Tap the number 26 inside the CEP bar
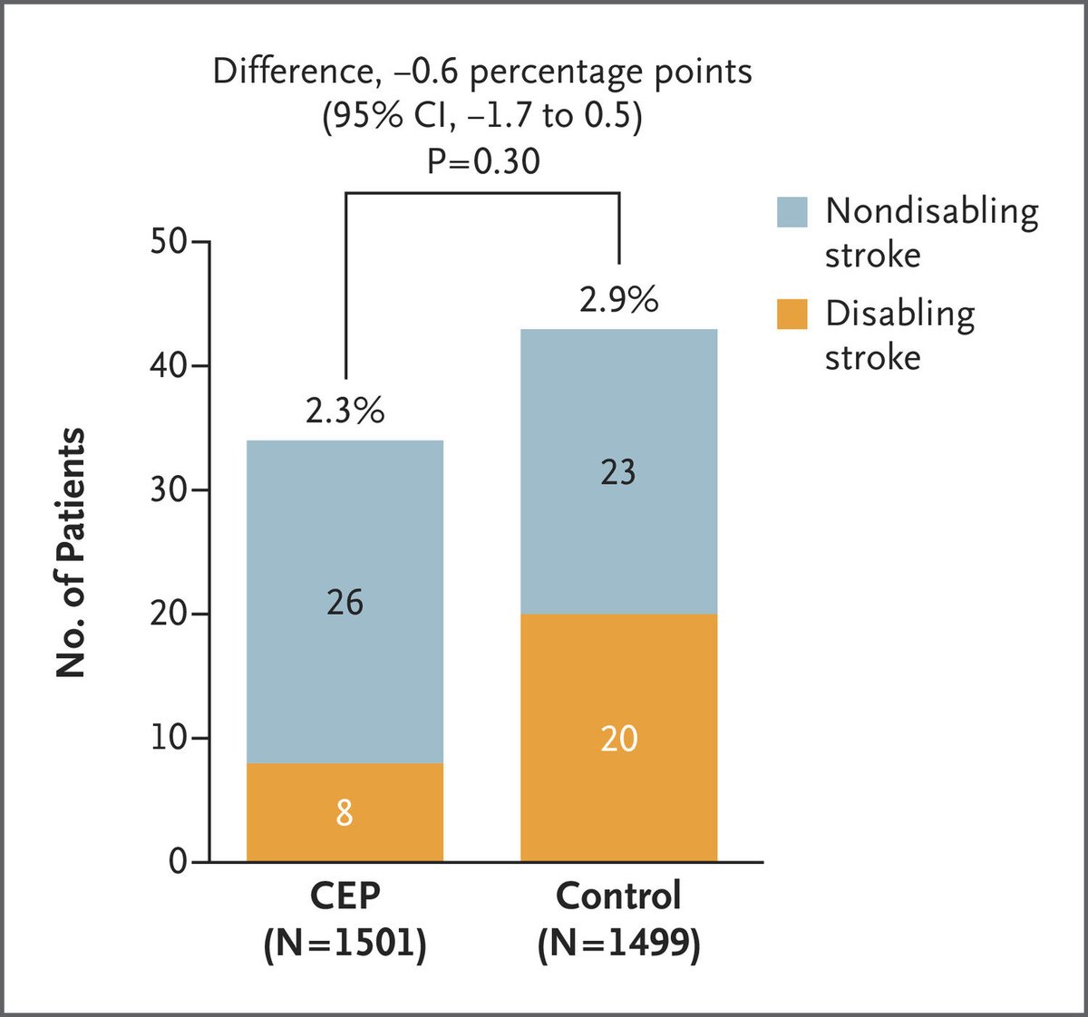(345, 602)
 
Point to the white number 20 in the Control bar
(618, 739)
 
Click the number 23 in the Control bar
(618, 472)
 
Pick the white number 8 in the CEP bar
(345, 812)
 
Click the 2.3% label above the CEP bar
(345, 411)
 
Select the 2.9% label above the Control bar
(618, 299)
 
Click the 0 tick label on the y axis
(177, 861)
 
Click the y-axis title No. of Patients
(71, 553)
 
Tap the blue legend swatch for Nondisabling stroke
(792, 212)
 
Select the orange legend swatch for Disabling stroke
(792, 314)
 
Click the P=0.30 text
(483, 161)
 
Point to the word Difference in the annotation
(290, 72)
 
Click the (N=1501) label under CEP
(345, 944)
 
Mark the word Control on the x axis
(618, 896)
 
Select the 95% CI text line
(483, 117)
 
